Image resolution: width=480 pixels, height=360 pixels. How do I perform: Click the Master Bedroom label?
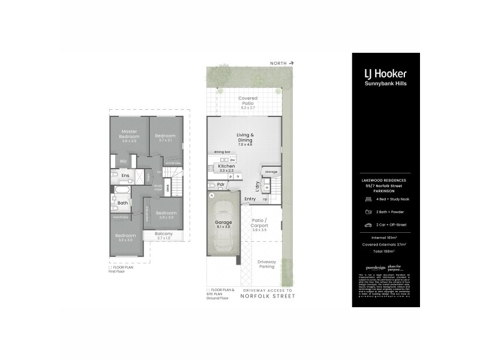(x=130, y=134)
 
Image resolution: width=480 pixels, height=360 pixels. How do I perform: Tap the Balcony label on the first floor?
(x=164, y=234)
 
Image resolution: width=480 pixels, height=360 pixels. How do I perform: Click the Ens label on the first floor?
(x=125, y=175)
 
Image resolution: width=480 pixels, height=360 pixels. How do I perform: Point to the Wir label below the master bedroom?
(x=122, y=161)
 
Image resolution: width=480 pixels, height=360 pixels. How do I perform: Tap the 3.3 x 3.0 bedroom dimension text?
(x=125, y=239)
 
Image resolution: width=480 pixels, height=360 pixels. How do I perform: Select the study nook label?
(x=157, y=187)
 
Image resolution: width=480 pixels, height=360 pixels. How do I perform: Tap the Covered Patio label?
(x=248, y=100)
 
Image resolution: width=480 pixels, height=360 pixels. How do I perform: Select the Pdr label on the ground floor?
(x=220, y=184)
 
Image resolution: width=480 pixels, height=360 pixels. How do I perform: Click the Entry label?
(x=250, y=198)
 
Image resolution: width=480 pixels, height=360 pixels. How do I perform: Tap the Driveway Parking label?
(x=267, y=264)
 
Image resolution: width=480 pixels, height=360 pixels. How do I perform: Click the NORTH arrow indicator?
(x=283, y=62)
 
